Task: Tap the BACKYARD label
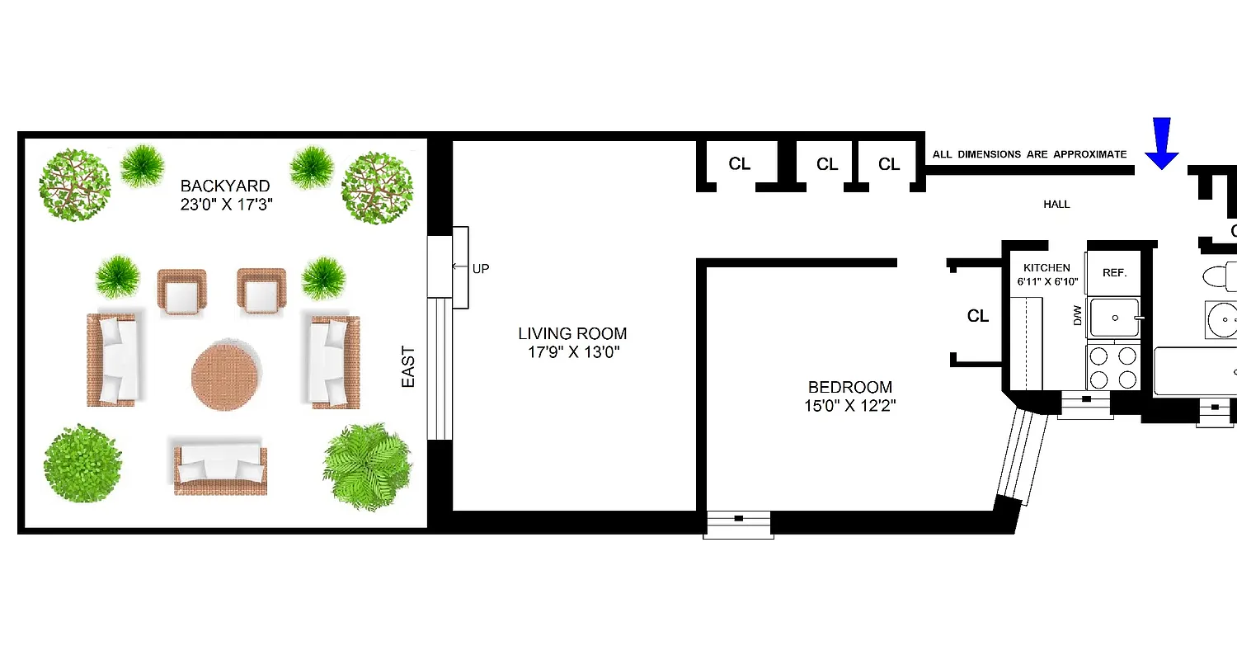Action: point(225,186)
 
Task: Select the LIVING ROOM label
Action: point(572,334)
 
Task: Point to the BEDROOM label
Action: point(849,387)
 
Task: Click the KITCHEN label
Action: point(1047,268)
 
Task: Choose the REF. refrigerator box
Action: point(1114,273)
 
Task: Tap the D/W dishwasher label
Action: point(1077,316)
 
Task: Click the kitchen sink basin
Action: point(1115,318)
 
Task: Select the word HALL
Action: point(1056,204)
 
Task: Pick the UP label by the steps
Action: point(481,268)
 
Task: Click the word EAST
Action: point(408,367)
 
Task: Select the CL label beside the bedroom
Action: point(978,316)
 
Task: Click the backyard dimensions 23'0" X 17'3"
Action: point(225,203)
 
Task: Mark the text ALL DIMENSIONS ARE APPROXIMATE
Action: point(1029,154)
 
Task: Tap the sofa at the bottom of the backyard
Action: point(220,466)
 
